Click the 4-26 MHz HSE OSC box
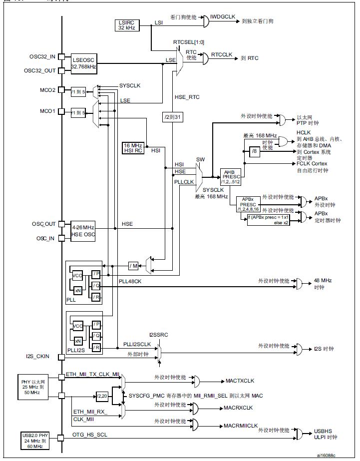83,231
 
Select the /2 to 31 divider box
172,117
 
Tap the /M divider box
133,265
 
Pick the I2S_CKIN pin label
40,357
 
